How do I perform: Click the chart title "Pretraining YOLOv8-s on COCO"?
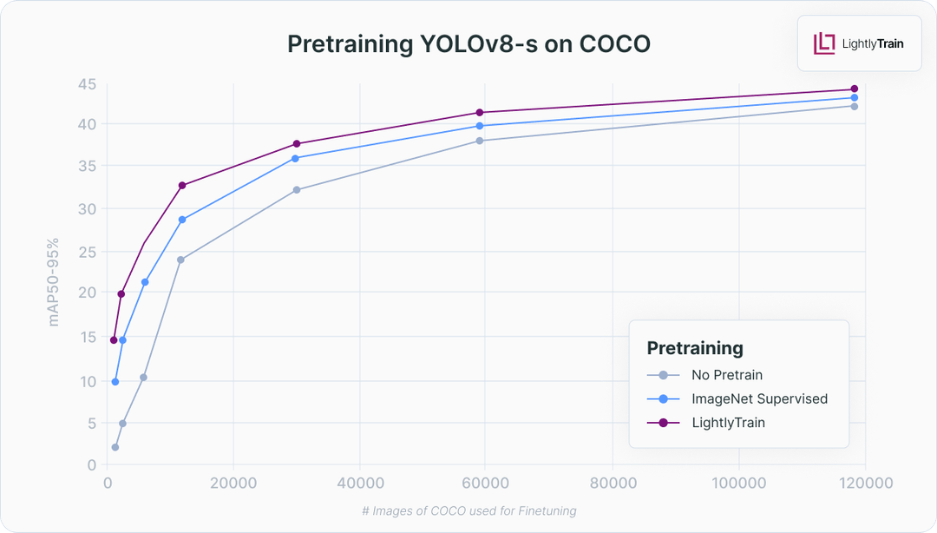(468, 44)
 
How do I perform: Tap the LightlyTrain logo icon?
(823, 43)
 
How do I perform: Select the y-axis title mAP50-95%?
(54, 281)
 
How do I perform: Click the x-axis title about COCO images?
(468, 511)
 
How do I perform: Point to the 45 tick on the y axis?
(86, 84)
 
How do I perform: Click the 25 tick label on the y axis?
(86, 252)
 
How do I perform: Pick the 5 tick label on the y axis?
(90, 424)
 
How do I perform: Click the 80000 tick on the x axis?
(613, 483)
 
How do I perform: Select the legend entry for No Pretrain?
(727, 375)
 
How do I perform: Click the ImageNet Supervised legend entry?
(759, 399)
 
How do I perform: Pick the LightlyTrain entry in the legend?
(728, 423)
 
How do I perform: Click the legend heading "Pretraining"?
(695, 348)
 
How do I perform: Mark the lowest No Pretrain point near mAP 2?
(115, 447)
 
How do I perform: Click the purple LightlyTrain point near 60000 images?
(480, 112)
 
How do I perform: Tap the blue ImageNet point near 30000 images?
(295, 158)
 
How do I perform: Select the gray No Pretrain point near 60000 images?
(480, 141)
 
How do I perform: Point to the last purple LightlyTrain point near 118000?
(855, 89)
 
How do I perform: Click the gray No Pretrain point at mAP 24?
(180, 260)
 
